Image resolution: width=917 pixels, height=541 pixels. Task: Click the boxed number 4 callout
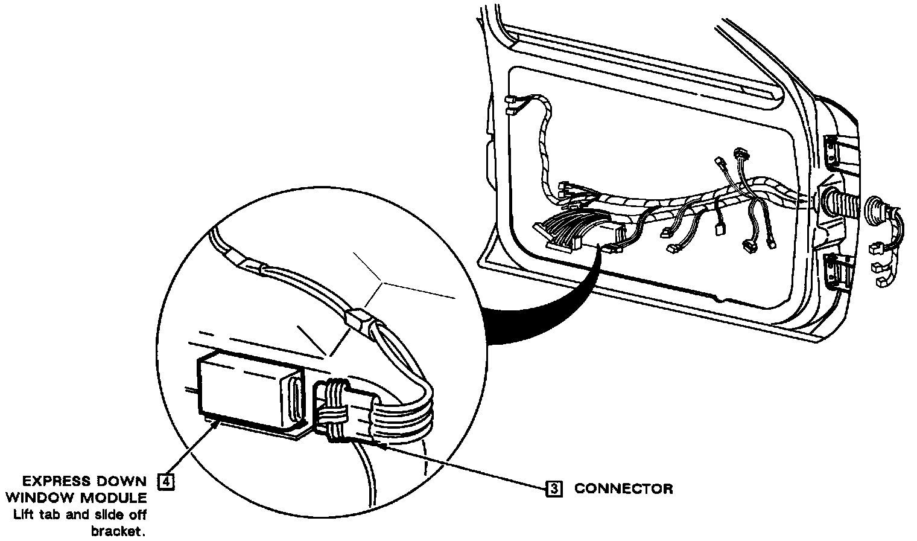coord(165,481)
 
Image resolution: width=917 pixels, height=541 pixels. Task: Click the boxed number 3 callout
coord(554,488)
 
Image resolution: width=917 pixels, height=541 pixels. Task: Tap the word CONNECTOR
coord(623,488)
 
